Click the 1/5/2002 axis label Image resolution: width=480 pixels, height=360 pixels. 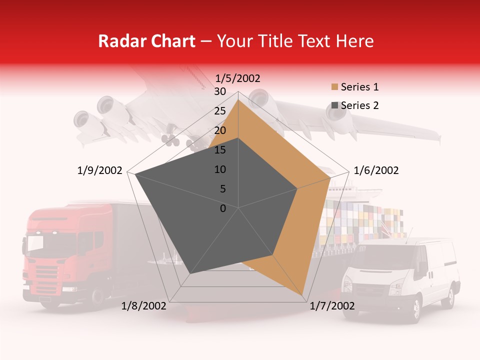(238, 78)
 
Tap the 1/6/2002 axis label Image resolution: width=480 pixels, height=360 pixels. (376, 170)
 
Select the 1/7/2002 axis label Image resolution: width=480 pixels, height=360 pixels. (332, 306)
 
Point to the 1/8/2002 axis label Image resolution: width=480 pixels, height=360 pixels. (144, 306)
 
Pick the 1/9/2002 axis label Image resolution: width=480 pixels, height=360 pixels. (100, 170)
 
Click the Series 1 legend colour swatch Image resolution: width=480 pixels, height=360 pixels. (334, 87)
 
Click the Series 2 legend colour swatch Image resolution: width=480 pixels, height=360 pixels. (334, 106)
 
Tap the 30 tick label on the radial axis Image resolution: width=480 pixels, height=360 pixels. (220, 91)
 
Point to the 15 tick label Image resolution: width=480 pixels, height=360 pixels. (220, 150)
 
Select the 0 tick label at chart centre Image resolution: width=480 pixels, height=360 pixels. (223, 208)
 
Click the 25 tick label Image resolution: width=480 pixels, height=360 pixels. (220, 111)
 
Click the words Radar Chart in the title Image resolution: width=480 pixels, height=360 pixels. (146, 41)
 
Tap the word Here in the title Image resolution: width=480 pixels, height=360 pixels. (355, 41)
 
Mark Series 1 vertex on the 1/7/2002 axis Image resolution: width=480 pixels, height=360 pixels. (303, 295)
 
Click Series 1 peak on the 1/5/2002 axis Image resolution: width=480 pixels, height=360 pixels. (238, 100)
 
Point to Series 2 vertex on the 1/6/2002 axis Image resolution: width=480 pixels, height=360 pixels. (297, 188)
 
